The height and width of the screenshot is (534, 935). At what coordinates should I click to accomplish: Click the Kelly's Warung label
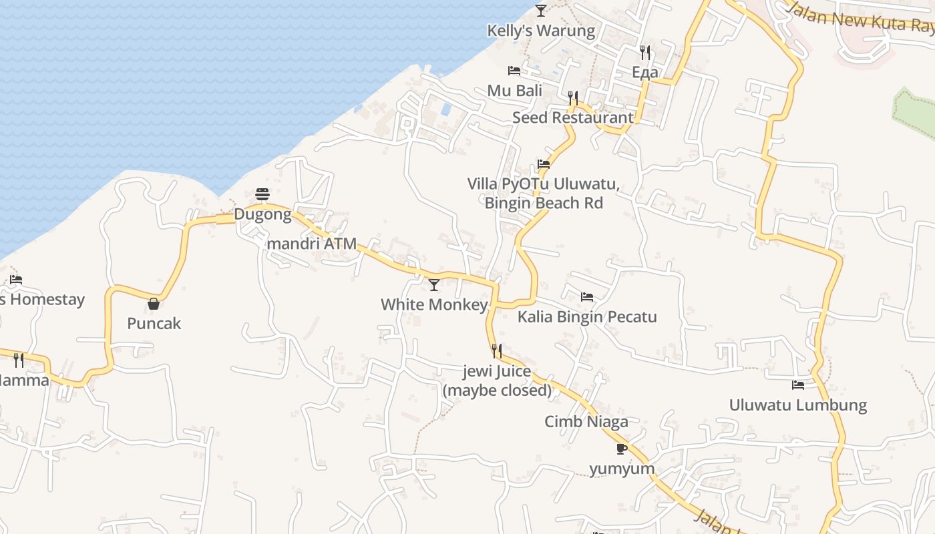[x=540, y=31]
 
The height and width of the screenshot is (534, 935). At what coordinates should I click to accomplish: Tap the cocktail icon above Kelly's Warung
[x=541, y=11]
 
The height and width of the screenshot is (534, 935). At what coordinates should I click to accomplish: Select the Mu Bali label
[x=514, y=90]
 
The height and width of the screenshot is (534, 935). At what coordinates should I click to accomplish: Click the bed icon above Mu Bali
[x=514, y=70]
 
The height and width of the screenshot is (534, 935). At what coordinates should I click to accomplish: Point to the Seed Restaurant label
[x=572, y=117]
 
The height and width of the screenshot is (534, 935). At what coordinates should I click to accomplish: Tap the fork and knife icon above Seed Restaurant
[x=572, y=98]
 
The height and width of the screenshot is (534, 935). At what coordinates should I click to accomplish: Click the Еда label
[x=644, y=72]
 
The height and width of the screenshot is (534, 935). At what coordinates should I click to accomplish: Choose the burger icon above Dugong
[x=262, y=194]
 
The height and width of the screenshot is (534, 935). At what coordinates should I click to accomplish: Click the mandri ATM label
[x=311, y=244]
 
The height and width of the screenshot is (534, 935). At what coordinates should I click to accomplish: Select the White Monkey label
[x=434, y=304]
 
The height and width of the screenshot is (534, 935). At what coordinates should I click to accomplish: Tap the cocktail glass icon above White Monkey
[x=434, y=285]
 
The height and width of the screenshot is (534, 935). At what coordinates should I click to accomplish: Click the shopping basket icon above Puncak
[x=154, y=304]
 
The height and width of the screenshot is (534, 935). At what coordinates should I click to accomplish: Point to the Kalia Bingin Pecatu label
[x=587, y=316]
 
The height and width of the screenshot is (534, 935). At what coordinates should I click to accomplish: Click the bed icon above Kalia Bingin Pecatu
[x=586, y=296]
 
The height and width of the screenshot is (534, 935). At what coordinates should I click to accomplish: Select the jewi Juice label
[x=498, y=372]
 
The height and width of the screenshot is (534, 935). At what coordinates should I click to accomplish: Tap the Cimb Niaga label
[x=586, y=421]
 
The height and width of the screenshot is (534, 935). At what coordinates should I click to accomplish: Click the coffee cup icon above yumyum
[x=621, y=449]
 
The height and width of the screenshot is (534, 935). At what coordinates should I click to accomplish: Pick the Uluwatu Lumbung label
[x=797, y=405]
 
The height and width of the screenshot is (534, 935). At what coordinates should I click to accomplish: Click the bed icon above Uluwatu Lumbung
[x=797, y=384]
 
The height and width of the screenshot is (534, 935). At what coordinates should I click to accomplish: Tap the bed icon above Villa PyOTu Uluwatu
[x=544, y=164]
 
